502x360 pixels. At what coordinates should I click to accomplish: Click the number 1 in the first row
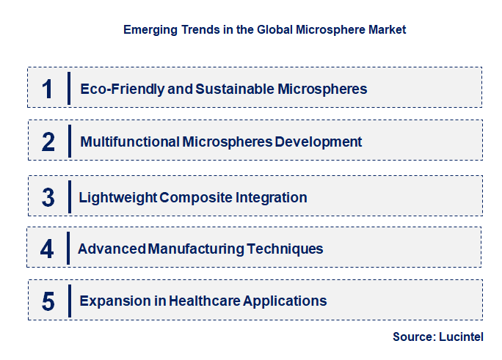pos(48,89)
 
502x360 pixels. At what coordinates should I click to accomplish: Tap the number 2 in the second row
pos(48,142)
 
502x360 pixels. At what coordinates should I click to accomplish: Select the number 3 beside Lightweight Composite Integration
pos(48,197)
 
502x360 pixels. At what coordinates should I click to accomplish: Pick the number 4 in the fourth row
pos(47,249)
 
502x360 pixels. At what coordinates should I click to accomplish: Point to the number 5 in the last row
pos(48,301)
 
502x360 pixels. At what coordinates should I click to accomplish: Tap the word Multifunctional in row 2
pos(128,142)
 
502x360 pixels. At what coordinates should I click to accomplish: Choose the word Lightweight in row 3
pos(117,197)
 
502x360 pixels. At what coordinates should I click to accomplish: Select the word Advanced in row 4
pos(112,249)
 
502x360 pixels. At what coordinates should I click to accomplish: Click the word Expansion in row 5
pos(112,301)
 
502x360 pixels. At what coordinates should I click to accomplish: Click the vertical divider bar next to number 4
pos(68,249)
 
